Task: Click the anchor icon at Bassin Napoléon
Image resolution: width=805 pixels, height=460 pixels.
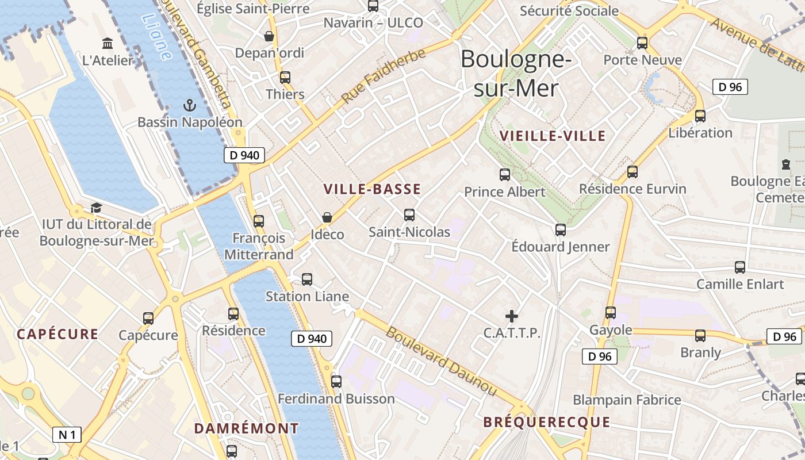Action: coord(189,105)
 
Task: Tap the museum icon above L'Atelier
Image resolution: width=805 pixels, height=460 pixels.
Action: coord(108,43)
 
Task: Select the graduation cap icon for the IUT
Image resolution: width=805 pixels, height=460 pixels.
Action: coord(96,208)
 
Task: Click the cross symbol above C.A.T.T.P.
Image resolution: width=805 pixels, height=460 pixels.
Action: coord(511,316)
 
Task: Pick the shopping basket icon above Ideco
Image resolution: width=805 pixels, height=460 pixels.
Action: coord(327,217)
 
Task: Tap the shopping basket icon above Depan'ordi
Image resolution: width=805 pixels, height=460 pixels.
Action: coord(269,36)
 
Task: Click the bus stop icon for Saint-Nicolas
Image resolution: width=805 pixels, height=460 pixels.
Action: coord(409,215)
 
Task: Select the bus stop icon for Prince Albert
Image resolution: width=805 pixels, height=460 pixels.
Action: coord(505,174)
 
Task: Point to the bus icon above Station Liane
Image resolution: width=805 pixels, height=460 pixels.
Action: coord(307,279)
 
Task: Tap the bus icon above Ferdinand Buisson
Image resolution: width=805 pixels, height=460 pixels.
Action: coord(336,381)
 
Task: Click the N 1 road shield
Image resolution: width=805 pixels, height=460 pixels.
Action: coord(67,435)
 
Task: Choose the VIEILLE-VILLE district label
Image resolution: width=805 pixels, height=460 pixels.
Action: coord(553,136)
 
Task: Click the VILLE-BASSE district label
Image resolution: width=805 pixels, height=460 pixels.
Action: coord(372,189)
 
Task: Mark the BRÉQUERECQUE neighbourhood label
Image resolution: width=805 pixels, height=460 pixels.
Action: coord(546,423)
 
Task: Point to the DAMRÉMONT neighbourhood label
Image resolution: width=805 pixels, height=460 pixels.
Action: coord(246,428)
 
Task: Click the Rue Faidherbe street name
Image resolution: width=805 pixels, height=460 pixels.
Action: coord(384,76)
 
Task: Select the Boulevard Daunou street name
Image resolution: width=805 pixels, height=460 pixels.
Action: coord(441,361)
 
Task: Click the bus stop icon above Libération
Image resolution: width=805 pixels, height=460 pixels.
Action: coord(700,116)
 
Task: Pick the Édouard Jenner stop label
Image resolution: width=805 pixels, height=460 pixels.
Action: coord(561,247)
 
